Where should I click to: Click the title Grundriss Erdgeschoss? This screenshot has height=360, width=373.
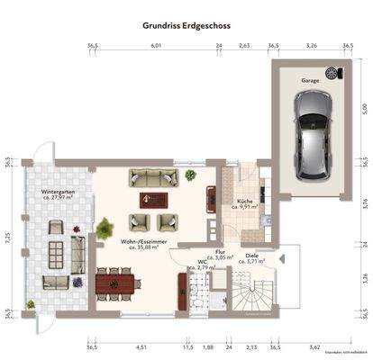tap(186, 26)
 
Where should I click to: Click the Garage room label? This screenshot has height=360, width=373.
tap(311, 79)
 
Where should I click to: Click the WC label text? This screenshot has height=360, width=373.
tap(190, 263)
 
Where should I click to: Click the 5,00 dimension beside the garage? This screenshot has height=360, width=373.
tap(365, 108)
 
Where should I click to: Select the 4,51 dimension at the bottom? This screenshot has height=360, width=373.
tap(141, 346)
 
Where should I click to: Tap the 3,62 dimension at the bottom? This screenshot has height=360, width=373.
tap(314, 346)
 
